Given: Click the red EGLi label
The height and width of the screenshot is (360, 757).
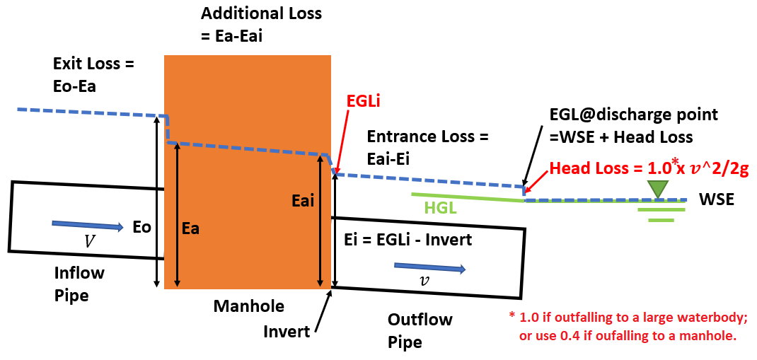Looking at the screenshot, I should (x=364, y=101).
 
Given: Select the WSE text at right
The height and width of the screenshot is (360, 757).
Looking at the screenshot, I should (x=716, y=200).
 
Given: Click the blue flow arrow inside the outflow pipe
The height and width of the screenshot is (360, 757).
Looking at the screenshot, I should (x=429, y=267).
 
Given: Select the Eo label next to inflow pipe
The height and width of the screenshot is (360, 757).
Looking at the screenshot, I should (x=141, y=228).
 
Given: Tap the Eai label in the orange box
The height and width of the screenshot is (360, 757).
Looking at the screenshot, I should (x=303, y=202).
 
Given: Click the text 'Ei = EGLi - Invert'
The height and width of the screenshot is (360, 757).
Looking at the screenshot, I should (x=407, y=240).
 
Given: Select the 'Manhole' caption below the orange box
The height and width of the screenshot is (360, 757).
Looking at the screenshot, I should (x=249, y=306).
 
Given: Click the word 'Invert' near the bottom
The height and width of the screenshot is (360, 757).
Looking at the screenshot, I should (x=287, y=331).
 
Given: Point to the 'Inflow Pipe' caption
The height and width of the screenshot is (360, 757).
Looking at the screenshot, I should (x=79, y=284).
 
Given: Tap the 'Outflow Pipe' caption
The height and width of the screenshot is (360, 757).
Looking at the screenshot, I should (x=420, y=330).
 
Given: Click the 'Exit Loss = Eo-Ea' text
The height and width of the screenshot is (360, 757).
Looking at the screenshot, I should (x=93, y=74).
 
